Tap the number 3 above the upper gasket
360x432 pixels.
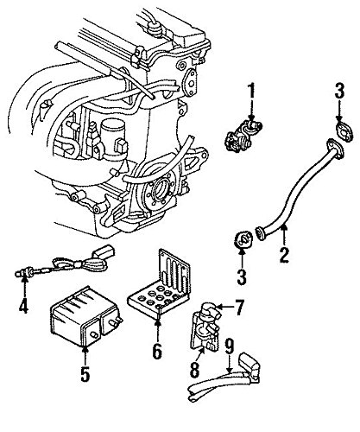(338, 90)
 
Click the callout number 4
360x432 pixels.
(23, 305)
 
